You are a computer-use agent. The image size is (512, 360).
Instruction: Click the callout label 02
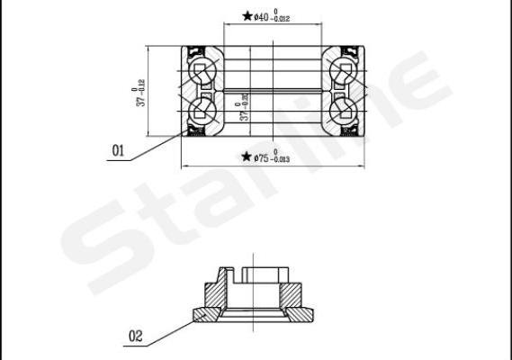136,337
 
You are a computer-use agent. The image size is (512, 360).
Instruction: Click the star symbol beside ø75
246,157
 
